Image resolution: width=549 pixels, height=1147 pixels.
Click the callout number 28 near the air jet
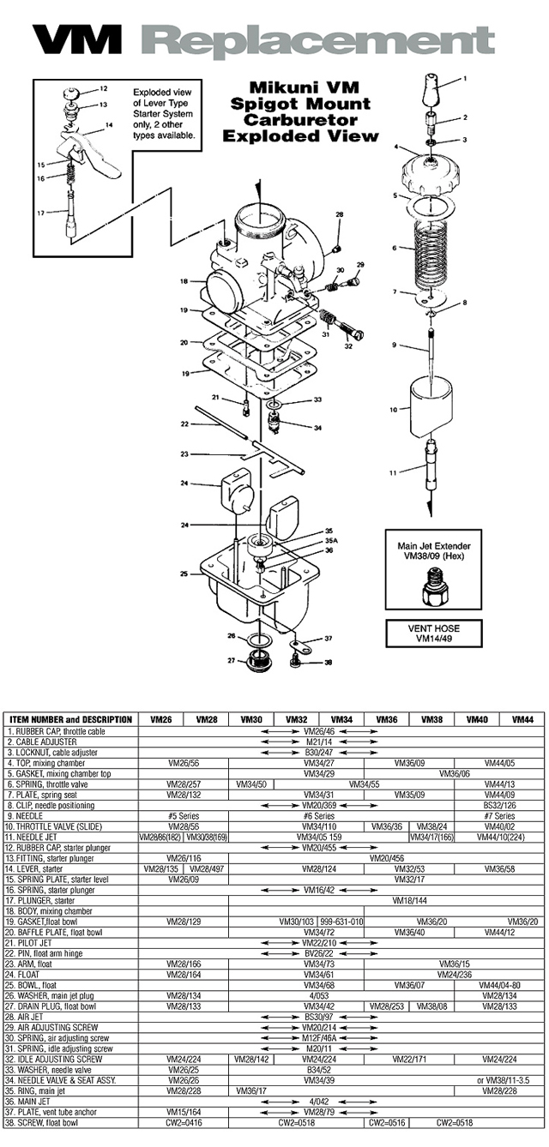coord(339,214)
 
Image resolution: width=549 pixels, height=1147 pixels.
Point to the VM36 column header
coord(386,720)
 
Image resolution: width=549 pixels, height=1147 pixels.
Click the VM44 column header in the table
coord(523,720)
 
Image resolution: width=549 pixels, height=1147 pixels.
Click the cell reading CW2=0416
coord(184,1122)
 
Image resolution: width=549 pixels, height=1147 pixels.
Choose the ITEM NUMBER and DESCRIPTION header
coord(70,720)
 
